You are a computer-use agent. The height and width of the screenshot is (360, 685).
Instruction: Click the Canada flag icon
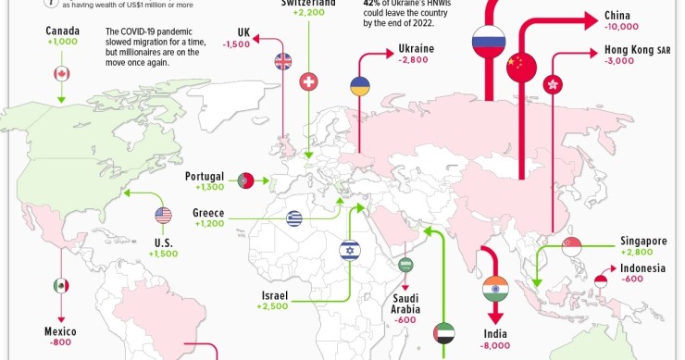click(x=62, y=74)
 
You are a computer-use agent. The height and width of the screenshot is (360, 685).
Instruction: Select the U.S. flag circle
click(x=164, y=216)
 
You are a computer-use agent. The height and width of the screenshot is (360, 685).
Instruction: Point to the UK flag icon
click(x=283, y=62)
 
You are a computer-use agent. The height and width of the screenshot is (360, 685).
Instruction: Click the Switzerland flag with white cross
click(x=309, y=81)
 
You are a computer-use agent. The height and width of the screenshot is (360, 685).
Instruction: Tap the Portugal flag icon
click(x=246, y=180)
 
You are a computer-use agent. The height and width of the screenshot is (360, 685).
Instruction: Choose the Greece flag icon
click(x=294, y=218)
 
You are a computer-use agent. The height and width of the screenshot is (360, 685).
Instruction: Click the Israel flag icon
click(x=349, y=250)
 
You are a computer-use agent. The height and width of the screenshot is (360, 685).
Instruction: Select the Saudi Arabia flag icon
click(x=405, y=266)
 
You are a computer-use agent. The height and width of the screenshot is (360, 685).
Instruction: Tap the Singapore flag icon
click(x=571, y=245)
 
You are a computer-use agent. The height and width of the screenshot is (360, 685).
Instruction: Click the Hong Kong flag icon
click(x=554, y=83)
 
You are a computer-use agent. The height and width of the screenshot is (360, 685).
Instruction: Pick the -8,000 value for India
click(x=496, y=346)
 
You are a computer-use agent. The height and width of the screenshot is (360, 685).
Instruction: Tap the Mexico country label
click(x=61, y=330)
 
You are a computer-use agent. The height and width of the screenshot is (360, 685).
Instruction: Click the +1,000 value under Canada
click(x=62, y=43)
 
